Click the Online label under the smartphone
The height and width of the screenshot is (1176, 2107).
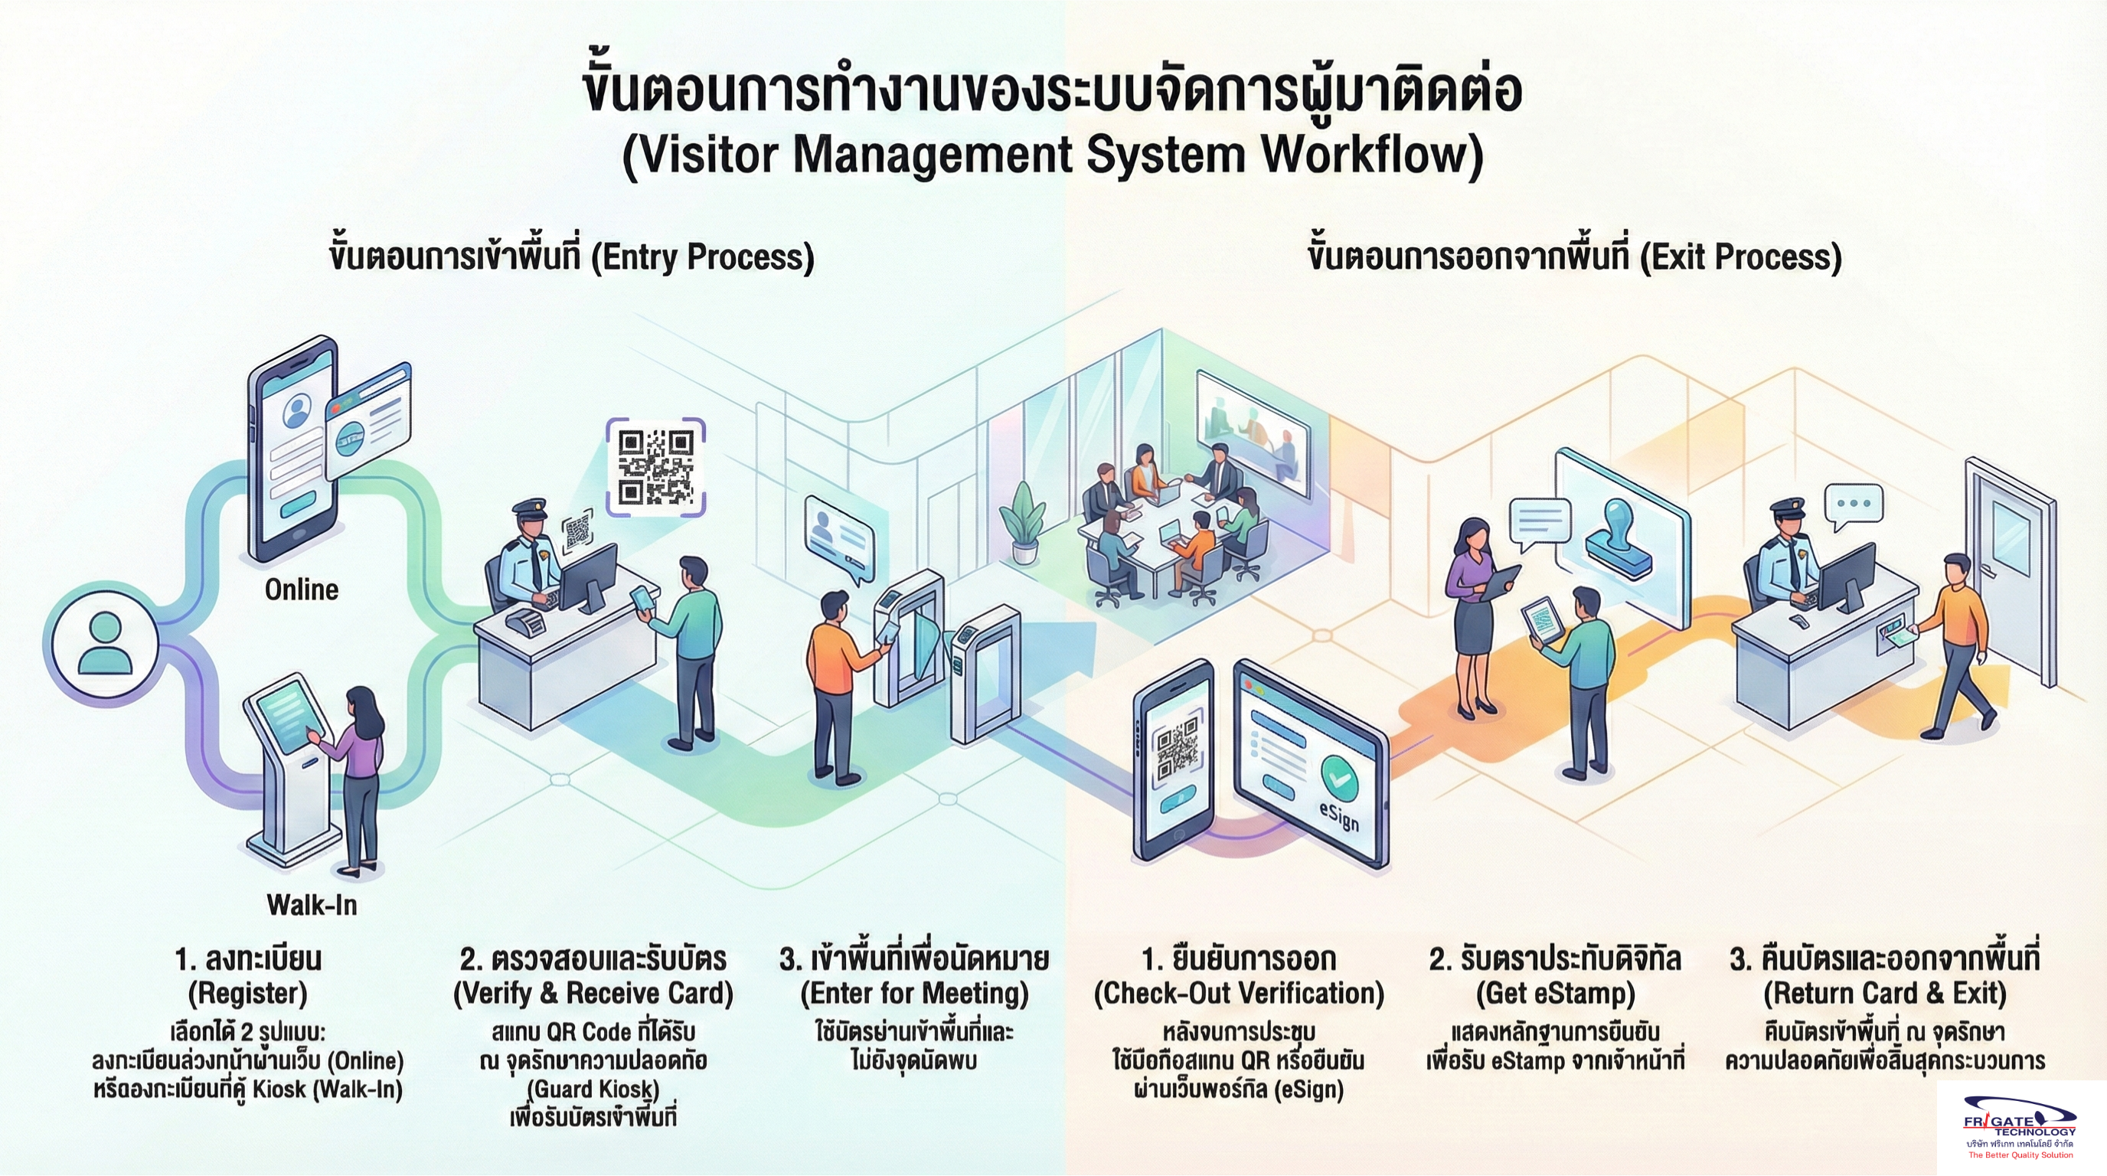tap(301, 590)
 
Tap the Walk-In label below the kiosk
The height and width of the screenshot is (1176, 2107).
tap(312, 904)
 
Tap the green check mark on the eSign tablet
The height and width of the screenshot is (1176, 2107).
tap(1339, 776)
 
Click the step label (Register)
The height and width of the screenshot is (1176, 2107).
tap(248, 994)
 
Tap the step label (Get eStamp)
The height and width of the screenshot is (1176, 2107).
tap(1555, 994)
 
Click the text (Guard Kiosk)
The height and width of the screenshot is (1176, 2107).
tap(593, 1089)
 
